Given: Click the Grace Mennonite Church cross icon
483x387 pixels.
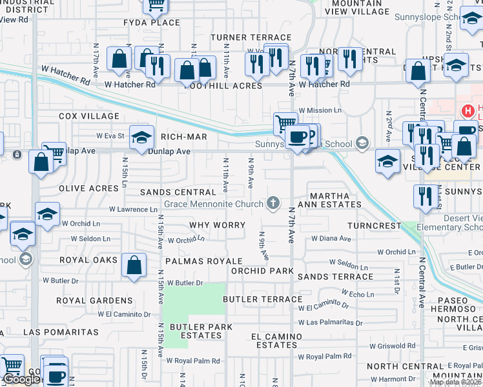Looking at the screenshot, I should coord(274,204).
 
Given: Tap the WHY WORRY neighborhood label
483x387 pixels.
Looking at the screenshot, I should coord(218,225).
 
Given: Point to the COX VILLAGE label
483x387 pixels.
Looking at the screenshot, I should coord(89,116).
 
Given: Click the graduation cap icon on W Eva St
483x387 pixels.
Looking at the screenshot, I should coord(141,137).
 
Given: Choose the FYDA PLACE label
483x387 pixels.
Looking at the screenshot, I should coord(152,23).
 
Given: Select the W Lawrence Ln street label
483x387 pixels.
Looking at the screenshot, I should coord(133,210).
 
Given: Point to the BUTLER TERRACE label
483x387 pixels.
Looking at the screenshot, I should coord(262,299).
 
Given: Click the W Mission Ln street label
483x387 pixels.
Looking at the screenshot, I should coord(320,110).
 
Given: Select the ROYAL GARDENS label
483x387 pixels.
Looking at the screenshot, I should coord(94,301).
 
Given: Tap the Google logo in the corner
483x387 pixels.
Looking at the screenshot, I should coord(21,380).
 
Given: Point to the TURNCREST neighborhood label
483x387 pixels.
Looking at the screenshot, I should coord(374,226).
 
